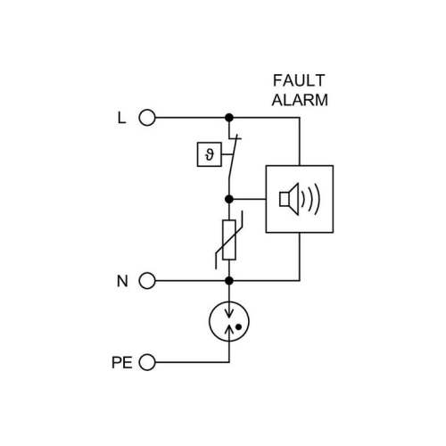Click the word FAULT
[x=299, y=80]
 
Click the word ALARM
[x=300, y=100]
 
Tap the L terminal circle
[x=147, y=118]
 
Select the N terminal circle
[x=147, y=281]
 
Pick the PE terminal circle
[x=147, y=362]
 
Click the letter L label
[x=121, y=118]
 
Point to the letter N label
[x=122, y=281]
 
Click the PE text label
[x=122, y=362]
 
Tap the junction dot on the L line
[x=229, y=118]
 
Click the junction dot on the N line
[x=229, y=281]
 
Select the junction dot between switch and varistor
[x=229, y=199]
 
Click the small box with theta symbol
[x=210, y=154]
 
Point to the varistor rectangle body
[x=229, y=240]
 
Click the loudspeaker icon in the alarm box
[x=289, y=199]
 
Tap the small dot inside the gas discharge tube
[x=238, y=327]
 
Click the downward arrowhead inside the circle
[x=229, y=314]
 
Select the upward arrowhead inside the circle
[x=229, y=328]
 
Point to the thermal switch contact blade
[x=233, y=158]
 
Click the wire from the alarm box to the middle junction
[x=247, y=199]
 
